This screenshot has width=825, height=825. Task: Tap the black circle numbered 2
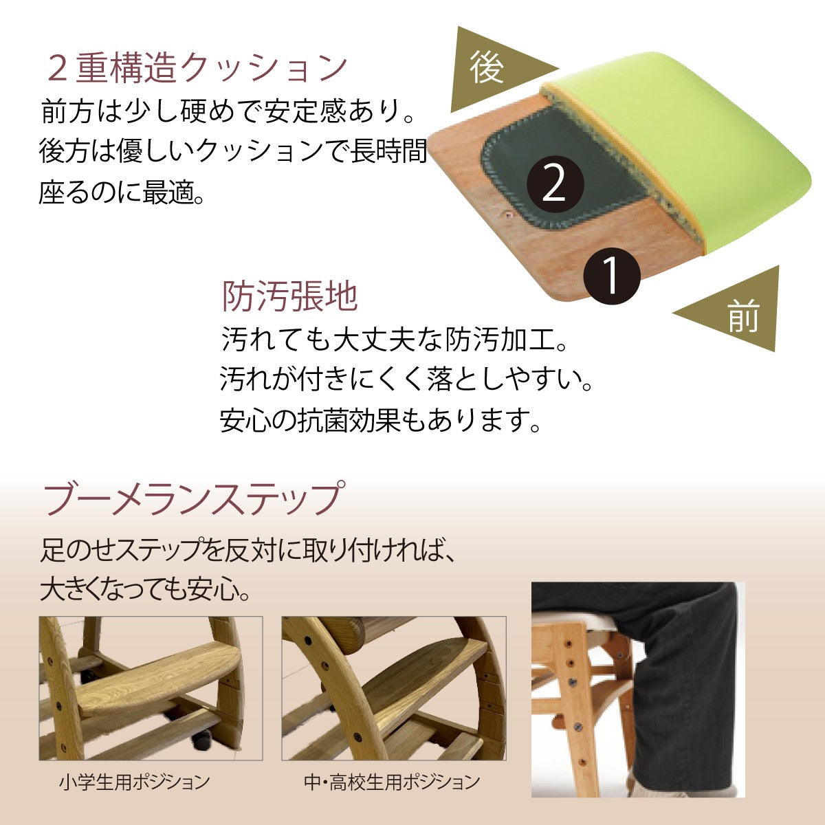pos(555,184)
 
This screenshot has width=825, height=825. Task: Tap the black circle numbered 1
pos(611,276)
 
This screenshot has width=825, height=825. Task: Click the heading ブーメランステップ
pos(192,498)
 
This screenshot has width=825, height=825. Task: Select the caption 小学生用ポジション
pos(134,782)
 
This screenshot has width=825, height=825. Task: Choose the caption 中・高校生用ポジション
pos(392,782)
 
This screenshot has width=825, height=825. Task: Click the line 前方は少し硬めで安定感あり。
pos(230,112)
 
